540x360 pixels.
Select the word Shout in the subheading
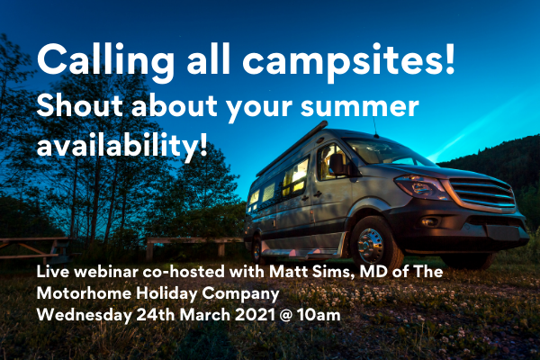pos(79,105)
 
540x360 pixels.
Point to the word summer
pos(359,107)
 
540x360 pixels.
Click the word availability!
pos(122,145)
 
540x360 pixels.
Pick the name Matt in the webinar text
pos(283,272)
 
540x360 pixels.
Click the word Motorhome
pos(84,293)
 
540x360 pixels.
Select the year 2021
pos(256,315)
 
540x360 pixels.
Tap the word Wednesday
pos(84,315)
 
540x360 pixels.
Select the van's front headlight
pos(421,187)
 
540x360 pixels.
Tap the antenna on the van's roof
pos(375,126)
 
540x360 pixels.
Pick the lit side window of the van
pos(295,176)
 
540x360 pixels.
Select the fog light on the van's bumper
pos(429,222)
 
